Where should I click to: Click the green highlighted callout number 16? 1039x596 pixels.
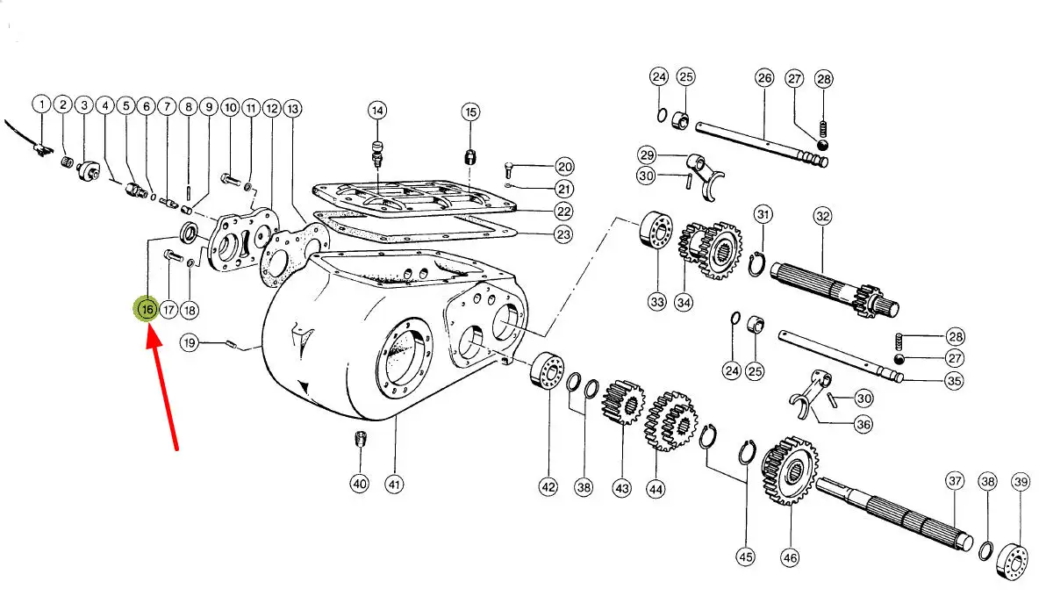[x=147, y=309]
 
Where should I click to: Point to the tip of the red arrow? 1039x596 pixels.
[x=150, y=324]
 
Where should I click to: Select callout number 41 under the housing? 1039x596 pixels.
[x=394, y=484]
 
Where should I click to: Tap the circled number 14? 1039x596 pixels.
[x=377, y=110]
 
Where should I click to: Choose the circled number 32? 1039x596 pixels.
[x=822, y=216]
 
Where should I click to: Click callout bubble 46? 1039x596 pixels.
[x=790, y=557]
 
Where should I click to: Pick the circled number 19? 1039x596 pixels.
[x=190, y=342]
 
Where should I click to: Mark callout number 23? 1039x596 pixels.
[x=563, y=234]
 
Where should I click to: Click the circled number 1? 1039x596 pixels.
[x=41, y=104]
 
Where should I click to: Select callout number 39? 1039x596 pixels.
[x=1021, y=481]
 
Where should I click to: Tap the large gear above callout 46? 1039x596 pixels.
[x=789, y=470]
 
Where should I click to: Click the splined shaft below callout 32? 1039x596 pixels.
[x=835, y=289]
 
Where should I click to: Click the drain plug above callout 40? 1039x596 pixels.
[x=361, y=438]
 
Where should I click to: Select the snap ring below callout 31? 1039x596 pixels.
[x=756, y=265]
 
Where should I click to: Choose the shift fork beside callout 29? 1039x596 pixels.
[x=705, y=174]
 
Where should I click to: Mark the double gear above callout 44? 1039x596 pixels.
[x=670, y=421]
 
